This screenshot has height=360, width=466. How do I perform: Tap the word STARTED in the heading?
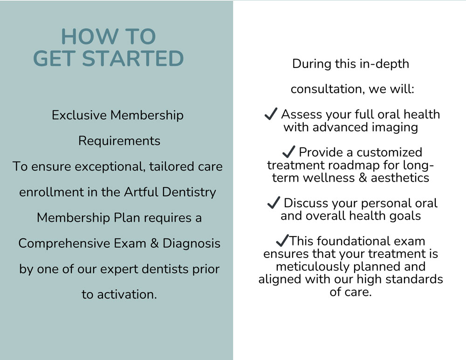133,58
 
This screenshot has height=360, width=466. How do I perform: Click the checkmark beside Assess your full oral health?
271,114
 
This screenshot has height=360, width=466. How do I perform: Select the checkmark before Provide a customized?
288,152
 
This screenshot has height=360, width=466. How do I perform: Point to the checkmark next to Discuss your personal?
274,203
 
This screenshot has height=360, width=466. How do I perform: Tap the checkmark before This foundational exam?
282,240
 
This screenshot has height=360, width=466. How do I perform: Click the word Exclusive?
79,115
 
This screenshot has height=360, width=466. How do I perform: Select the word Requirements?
119,141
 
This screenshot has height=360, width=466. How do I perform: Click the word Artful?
141,192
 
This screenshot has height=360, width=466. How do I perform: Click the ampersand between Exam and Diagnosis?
154,243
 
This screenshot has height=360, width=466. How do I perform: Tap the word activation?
127,295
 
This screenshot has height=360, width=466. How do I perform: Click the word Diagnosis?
192,244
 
